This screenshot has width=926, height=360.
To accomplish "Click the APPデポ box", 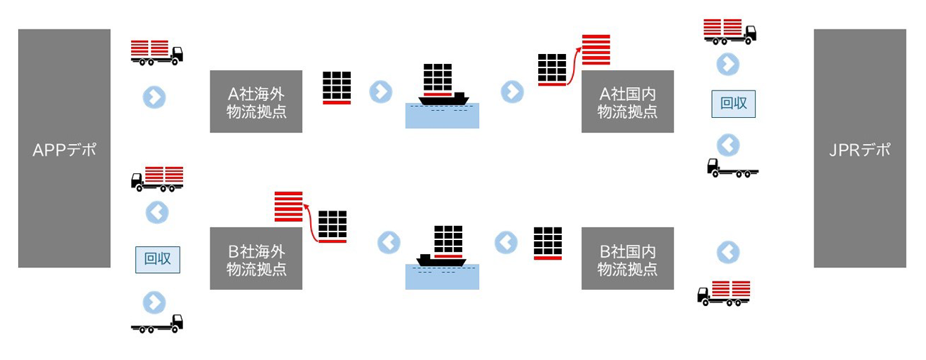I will [x=64, y=148].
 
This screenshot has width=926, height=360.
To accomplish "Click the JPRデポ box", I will [x=859, y=148].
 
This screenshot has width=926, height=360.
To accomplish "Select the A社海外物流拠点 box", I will [x=256, y=101].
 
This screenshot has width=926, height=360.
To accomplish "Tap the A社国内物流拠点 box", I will [x=627, y=101].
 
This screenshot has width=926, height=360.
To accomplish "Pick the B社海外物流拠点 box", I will [x=256, y=258].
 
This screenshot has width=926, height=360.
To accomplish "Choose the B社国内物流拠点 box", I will [x=627, y=258].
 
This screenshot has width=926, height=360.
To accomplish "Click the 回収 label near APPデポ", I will [x=157, y=259].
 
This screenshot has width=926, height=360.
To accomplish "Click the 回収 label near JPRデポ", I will [x=734, y=103].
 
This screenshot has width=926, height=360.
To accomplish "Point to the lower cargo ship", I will [x=442, y=246].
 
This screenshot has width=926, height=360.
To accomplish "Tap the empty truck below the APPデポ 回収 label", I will [x=157, y=324].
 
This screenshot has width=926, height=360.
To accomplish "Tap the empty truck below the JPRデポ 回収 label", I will [x=732, y=168].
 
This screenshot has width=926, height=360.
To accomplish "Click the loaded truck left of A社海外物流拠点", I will [x=157, y=52].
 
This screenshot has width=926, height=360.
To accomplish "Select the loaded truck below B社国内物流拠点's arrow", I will [x=723, y=293].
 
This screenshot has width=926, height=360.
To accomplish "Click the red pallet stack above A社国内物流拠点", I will [x=596, y=50].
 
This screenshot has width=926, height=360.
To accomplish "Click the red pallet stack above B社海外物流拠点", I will [x=288, y=206].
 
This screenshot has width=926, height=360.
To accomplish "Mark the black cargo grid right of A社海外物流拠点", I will [x=337, y=88].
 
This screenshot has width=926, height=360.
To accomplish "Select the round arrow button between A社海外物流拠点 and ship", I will [x=380, y=91].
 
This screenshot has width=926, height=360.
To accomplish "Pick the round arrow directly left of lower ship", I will [x=389, y=243].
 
